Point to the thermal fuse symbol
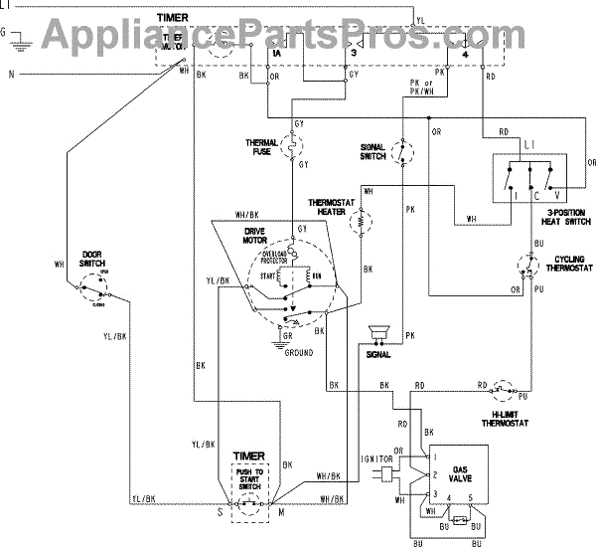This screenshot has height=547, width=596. click(294, 147)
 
